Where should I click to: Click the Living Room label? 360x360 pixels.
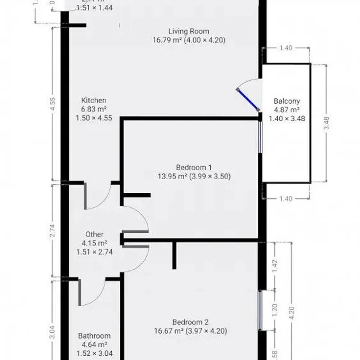[x=189, y=31]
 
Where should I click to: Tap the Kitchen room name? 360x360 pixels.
[x=94, y=100]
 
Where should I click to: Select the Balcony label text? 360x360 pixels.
[x=287, y=101]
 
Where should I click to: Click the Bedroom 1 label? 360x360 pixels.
[x=194, y=167]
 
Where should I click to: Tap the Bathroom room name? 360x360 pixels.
[x=95, y=336]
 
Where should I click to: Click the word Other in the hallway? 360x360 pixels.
[x=95, y=234]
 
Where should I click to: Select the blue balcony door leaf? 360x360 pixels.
[x=248, y=99]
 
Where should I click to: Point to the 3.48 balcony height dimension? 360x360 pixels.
[x=326, y=123]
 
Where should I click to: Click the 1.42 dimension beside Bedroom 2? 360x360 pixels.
[x=275, y=265]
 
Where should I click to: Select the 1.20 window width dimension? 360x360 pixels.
[x=275, y=310]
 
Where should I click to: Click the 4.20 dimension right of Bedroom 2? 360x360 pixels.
[x=292, y=312]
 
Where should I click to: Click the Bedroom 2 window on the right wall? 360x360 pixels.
[x=260, y=310]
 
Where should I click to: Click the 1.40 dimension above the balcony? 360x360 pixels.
[x=285, y=48]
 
